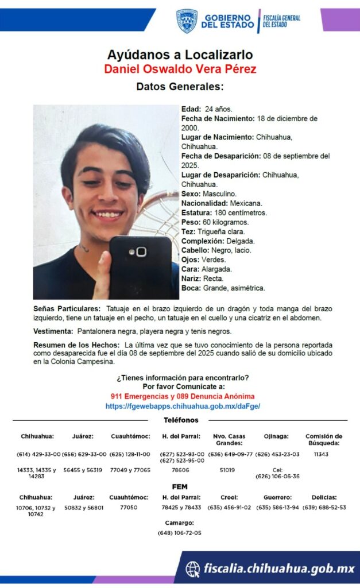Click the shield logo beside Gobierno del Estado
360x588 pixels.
[x=187, y=21]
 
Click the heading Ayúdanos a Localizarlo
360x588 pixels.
[x=180, y=55]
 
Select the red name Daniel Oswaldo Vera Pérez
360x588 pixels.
[x=180, y=69]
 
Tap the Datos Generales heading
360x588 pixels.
[x=180, y=87]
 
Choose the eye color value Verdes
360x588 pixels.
[x=214, y=260]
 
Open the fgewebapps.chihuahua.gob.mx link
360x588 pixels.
[x=183, y=406]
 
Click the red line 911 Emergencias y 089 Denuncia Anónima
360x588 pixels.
[x=183, y=396]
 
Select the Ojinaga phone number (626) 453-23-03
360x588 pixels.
[x=277, y=454]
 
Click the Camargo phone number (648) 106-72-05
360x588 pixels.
[x=180, y=533]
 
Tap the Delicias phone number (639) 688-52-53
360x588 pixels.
[x=324, y=508]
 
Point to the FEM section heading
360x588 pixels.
[x=180, y=486]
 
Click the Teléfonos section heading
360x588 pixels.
[x=181, y=420]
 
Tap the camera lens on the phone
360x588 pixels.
[x=141, y=252]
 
